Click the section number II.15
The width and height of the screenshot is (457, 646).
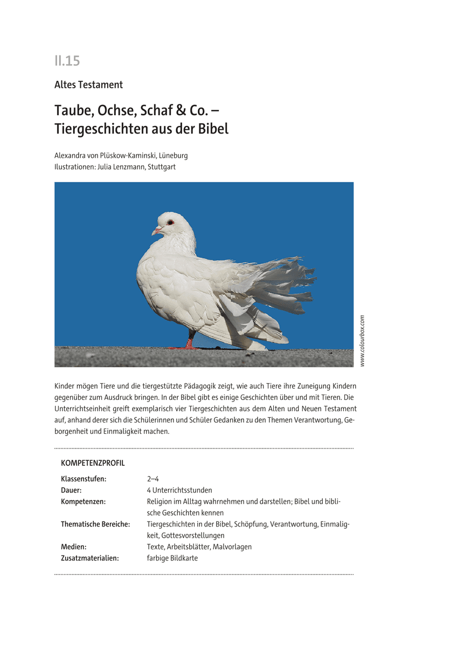coord(67,61)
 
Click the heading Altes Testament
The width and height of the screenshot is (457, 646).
coord(88,85)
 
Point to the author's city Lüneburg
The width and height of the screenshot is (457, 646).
coord(171,156)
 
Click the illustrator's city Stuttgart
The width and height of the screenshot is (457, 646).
coord(161,167)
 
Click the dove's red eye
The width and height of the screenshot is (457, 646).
coord(170,222)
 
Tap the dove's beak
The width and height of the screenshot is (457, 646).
coord(156,231)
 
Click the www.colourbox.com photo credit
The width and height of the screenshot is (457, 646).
coord(362,341)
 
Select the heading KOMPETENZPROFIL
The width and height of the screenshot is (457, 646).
coord(93,463)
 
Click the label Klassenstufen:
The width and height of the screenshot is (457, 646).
coord(84,479)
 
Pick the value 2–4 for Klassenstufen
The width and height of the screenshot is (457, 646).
coord(153,479)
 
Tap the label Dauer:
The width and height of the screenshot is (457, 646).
coord(71,490)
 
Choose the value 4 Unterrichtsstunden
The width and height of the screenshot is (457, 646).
coord(179,490)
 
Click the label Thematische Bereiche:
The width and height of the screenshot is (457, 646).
coord(95,524)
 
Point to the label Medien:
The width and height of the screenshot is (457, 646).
coord(74,546)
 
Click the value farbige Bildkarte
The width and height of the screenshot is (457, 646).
coord(172,558)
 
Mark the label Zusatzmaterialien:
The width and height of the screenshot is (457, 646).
coord(90,558)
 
